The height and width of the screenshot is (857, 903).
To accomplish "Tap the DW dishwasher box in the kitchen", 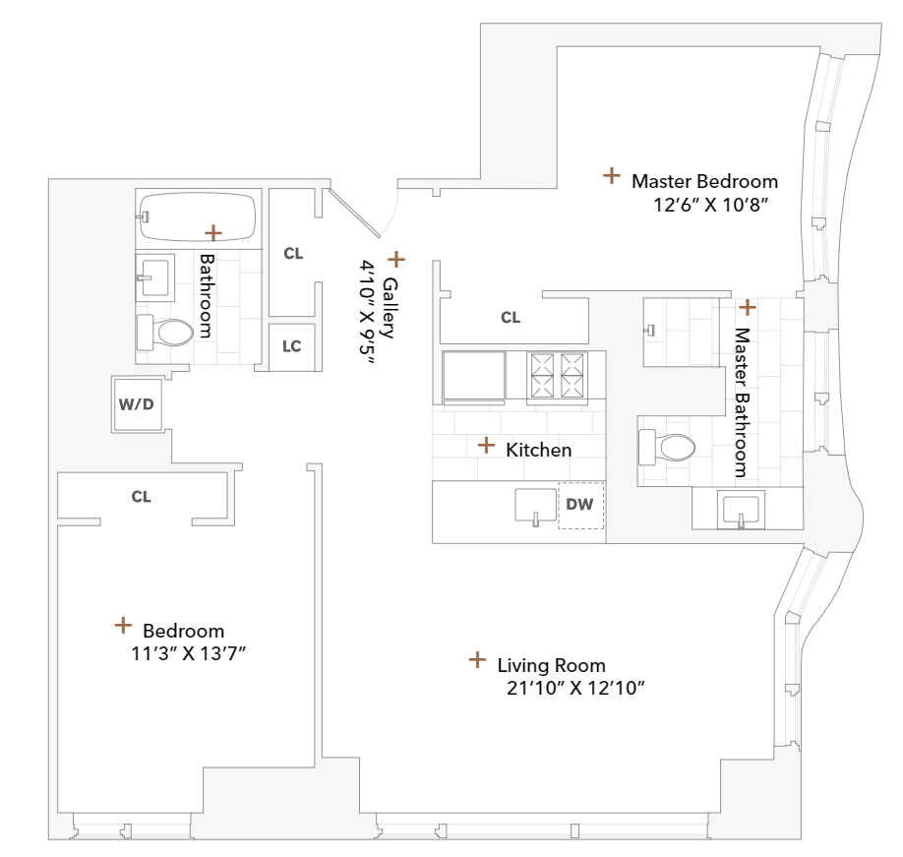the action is tap(580, 505).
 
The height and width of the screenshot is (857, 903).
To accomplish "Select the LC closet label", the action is tap(292, 346).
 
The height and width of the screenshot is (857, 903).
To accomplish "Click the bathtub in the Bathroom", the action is tap(198, 216).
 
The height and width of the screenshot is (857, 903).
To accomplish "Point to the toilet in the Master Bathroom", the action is tap(668, 448).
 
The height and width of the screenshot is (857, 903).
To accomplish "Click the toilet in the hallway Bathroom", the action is tap(164, 332).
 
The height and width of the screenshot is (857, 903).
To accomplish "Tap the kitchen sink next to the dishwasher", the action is tap(535, 506).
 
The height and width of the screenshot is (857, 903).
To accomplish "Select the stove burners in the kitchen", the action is tap(558, 376).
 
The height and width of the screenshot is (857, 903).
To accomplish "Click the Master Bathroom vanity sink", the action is tap(740, 511).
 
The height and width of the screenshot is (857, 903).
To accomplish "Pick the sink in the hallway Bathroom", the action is tap(154, 276).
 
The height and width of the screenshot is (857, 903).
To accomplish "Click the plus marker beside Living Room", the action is tap(477, 659).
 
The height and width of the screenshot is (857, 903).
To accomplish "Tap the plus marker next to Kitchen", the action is tap(486, 445).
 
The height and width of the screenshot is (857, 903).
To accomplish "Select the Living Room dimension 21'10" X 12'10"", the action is tap(574, 688).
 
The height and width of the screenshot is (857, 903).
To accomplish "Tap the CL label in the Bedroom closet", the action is tap(141, 497).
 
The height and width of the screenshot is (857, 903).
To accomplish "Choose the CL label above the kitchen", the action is tap(510, 317).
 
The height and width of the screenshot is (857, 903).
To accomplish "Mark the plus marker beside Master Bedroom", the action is tap(612, 176).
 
